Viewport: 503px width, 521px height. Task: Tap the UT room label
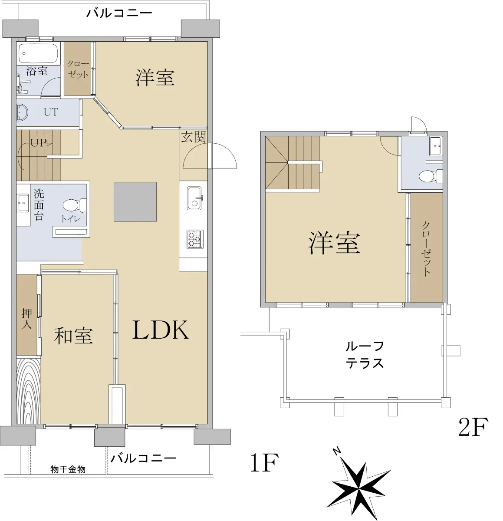click(x=51, y=112)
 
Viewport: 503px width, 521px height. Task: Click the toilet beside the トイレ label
click(x=75, y=205)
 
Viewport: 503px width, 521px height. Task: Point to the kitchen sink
click(x=194, y=198)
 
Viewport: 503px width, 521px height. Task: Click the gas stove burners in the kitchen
click(x=195, y=239)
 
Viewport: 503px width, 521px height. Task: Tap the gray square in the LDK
click(x=135, y=201)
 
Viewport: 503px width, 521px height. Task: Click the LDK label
click(x=161, y=330)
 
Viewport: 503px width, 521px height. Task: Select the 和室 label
click(x=73, y=336)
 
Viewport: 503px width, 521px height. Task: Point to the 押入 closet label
click(x=27, y=319)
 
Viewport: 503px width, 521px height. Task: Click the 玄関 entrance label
click(x=194, y=137)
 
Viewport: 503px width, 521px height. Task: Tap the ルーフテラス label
click(x=365, y=355)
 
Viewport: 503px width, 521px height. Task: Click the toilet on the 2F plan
click(x=431, y=176)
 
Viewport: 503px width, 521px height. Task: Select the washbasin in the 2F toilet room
click(x=436, y=146)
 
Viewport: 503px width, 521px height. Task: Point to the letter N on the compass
click(x=337, y=451)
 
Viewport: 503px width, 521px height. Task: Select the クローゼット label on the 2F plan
click(x=426, y=249)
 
